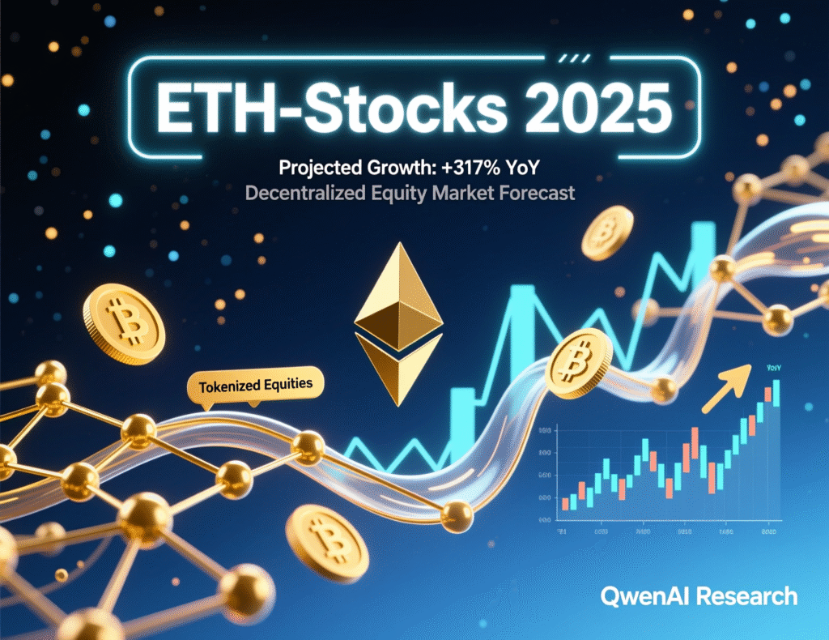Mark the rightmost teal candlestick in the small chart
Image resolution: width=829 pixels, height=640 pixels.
pos(776,392)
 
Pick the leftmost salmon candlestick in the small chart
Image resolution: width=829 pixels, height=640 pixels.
pos(565,503)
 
